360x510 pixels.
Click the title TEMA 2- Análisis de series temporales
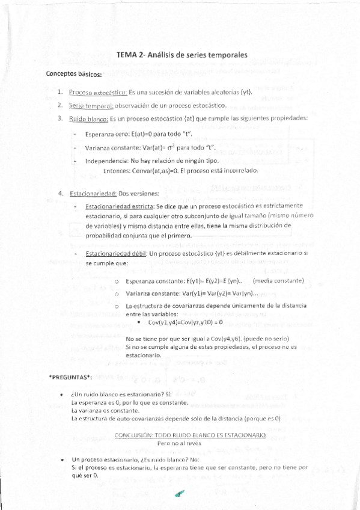[182, 55]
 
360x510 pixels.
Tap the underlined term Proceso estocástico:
[97, 93]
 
